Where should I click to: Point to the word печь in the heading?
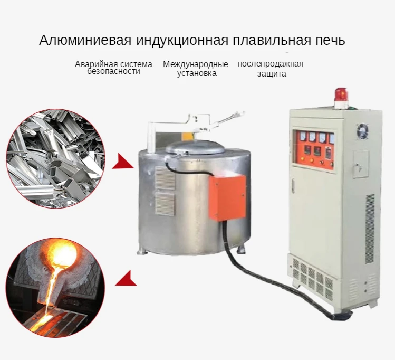[x=330, y=41]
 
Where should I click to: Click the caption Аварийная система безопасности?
[x=113, y=68]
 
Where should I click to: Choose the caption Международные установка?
[x=196, y=69]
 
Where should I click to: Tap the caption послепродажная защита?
[x=271, y=69]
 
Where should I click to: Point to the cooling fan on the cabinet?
[x=362, y=130]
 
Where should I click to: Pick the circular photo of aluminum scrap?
[x=55, y=158]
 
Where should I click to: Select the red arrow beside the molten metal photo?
[x=126, y=278]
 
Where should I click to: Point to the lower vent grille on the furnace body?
[x=165, y=204]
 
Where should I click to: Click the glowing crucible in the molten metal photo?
[x=61, y=255]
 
